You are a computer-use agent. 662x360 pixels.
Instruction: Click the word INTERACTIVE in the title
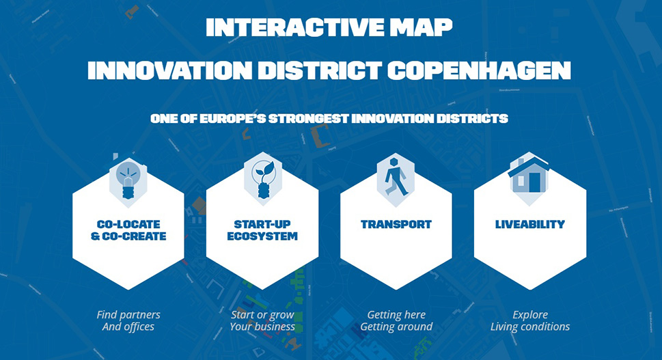[294, 27]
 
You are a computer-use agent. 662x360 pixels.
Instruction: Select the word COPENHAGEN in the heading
[479, 70]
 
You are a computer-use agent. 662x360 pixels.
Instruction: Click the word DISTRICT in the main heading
[320, 70]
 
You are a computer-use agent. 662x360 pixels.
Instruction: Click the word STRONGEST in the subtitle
[309, 119]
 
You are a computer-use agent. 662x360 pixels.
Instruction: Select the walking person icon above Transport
[396, 177]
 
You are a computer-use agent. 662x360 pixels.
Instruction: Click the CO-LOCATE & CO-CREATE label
[128, 230]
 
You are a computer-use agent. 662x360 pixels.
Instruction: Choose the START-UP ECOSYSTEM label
[262, 230]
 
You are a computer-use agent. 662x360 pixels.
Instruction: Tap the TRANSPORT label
[396, 225]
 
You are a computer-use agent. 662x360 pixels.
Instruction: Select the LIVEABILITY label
[530, 225]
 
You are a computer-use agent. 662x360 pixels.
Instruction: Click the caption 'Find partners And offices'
[128, 321]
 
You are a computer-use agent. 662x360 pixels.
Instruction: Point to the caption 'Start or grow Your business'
[262, 321]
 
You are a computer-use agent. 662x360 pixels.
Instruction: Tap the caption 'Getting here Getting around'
[396, 321]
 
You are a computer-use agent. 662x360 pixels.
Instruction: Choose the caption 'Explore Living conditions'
[530, 321]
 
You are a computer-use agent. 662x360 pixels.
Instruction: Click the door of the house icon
[534, 182]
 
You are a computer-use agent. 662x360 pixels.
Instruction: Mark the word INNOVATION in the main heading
[169, 70]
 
